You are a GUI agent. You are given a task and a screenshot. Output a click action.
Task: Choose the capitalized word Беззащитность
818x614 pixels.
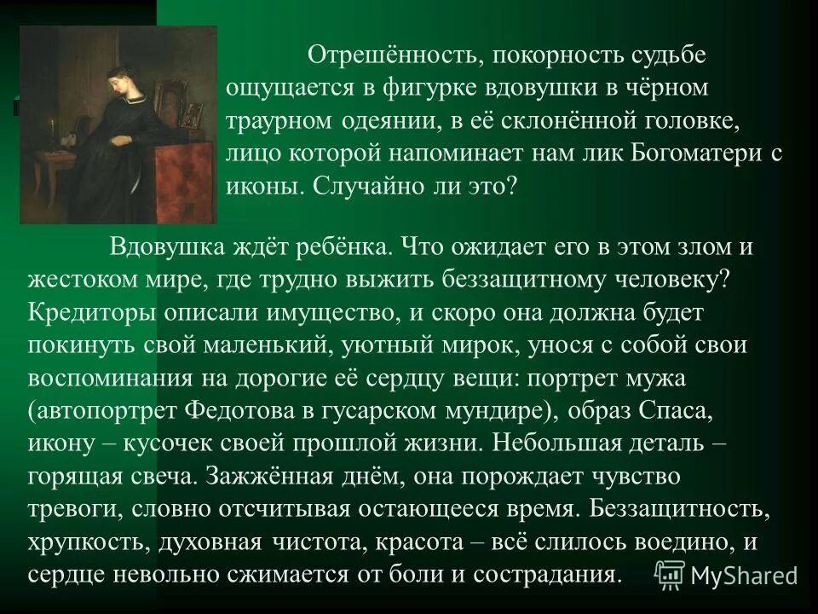coord(677,507)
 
